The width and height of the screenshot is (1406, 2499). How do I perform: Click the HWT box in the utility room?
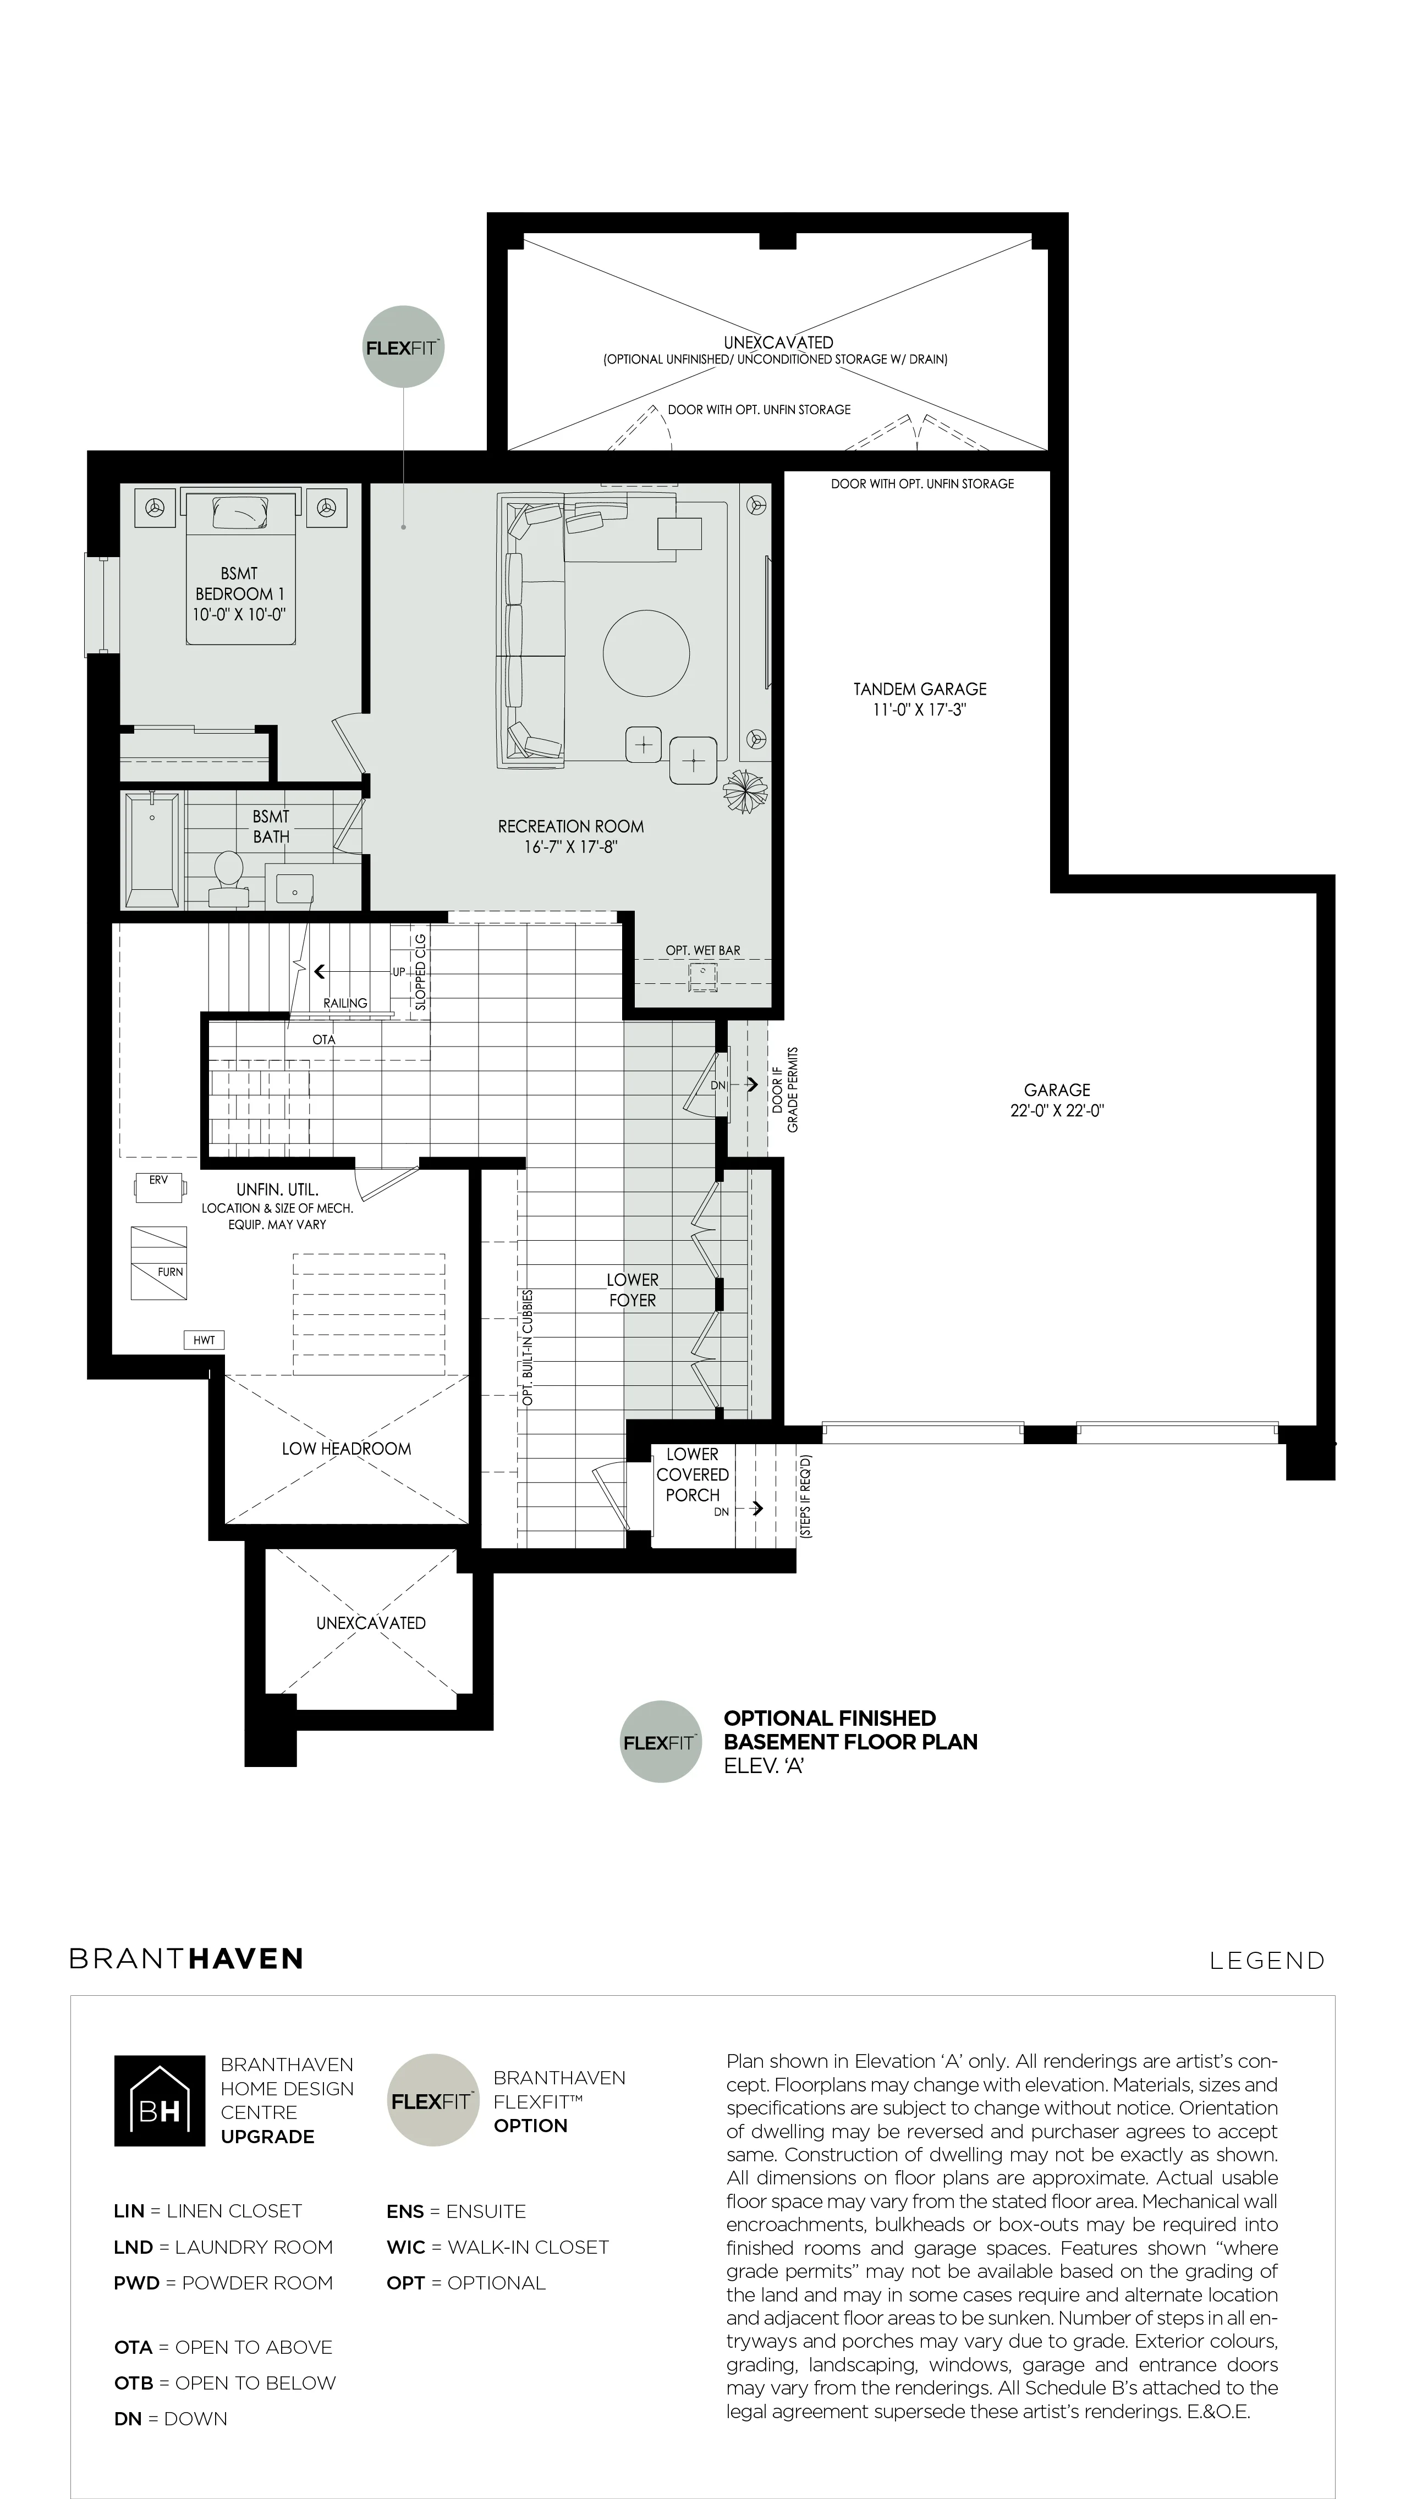(x=204, y=1340)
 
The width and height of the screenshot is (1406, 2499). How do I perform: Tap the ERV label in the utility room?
(x=158, y=1180)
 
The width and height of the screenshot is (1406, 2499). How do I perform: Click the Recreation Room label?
(x=570, y=827)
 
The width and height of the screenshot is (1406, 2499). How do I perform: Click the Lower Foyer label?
(x=633, y=1290)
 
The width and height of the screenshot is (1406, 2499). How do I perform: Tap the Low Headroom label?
(x=347, y=1449)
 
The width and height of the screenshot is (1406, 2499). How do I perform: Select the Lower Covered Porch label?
(x=692, y=1474)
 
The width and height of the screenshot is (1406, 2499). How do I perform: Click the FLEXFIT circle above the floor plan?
(x=404, y=348)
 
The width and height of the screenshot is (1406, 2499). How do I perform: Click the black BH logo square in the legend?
(x=159, y=2100)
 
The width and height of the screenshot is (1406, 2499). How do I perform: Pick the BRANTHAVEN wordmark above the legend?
(x=186, y=1958)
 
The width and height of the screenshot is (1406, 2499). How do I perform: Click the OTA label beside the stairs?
(x=323, y=1039)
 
